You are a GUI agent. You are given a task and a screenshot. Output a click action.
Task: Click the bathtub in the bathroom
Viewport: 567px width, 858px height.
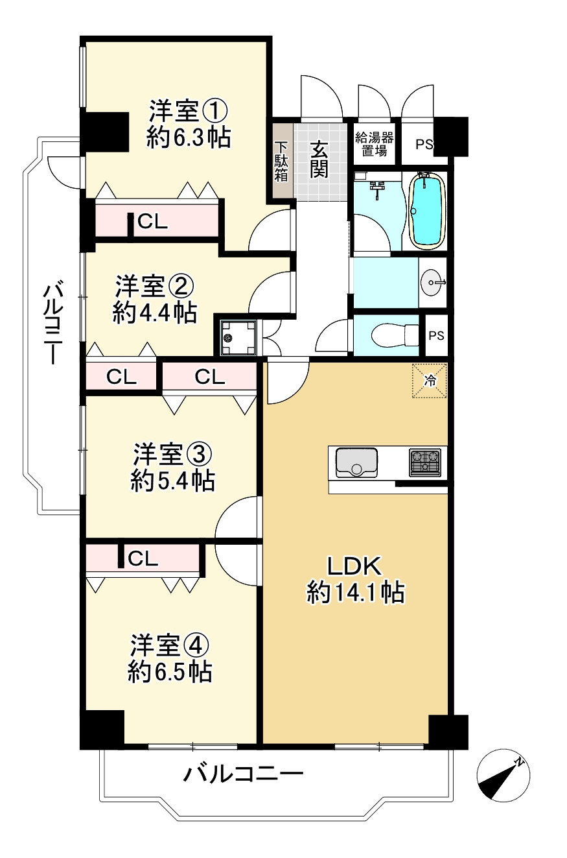(x=428, y=209)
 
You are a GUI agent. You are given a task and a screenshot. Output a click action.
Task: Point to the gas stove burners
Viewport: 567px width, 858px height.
(x=425, y=462)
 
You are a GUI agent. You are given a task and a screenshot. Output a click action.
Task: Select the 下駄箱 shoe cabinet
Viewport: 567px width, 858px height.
(x=281, y=161)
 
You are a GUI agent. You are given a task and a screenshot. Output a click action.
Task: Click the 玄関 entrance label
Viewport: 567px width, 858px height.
(x=318, y=159)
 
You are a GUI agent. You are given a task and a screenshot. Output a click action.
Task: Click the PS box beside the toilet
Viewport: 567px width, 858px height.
(x=436, y=336)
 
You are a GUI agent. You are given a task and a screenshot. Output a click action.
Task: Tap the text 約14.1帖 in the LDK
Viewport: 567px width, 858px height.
(x=356, y=593)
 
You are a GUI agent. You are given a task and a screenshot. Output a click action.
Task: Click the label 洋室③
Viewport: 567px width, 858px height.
(x=172, y=453)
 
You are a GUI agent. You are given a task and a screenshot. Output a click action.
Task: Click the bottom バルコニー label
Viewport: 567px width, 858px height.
(x=243, y=774)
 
